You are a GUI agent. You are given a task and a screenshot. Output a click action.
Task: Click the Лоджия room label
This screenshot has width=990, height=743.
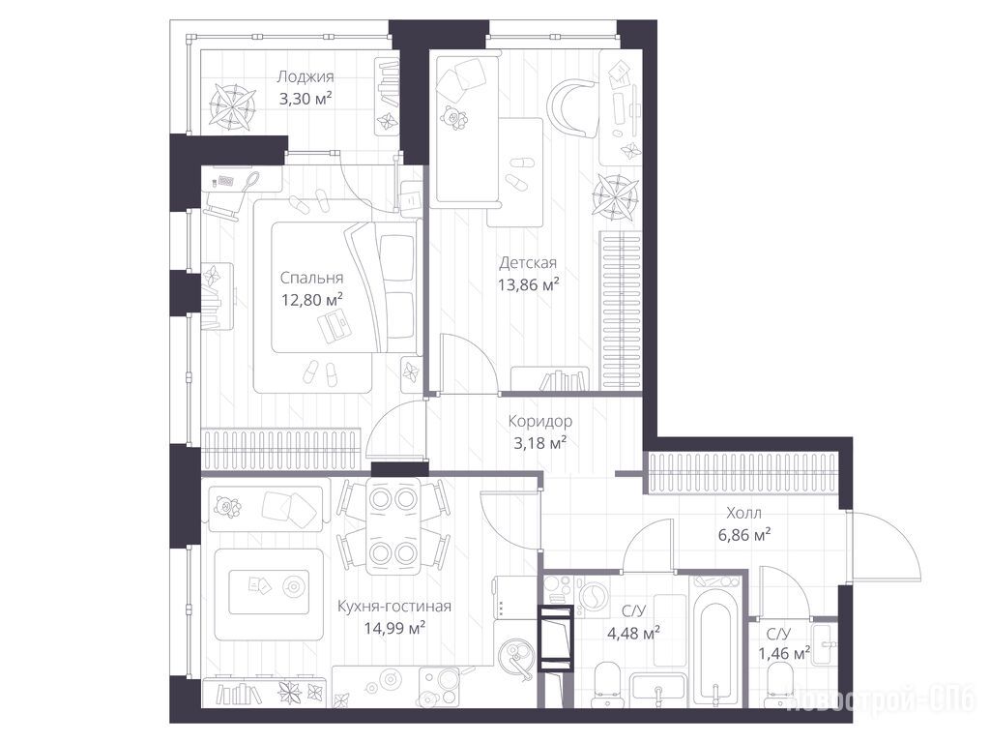click(x=306, y=77)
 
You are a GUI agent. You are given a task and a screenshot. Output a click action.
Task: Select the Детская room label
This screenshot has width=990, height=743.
click(x=528, y=262)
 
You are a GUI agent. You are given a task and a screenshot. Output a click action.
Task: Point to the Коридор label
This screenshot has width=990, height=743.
click(x=540, y=421)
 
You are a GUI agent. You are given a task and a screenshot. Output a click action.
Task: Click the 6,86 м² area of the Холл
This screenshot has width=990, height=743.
click(x=743, y=535)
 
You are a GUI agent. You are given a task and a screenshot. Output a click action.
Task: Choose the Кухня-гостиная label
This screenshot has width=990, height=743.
click(x=394, y=607)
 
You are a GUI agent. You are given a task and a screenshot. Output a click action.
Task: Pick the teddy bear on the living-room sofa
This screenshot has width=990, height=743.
click(x=224, y=507)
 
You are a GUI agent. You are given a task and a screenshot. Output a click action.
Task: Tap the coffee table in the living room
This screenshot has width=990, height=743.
click(x=269, y=592)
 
